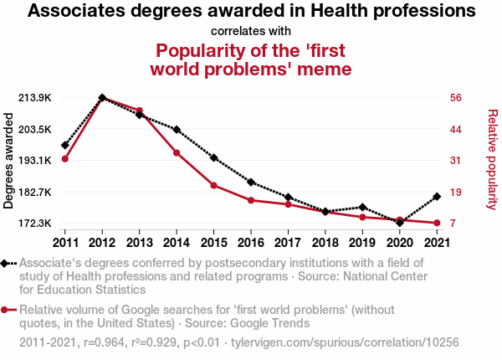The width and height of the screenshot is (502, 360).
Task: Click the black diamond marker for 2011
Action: (x=64, y=145)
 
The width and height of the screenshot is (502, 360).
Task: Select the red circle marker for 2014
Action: (x=177, y=152)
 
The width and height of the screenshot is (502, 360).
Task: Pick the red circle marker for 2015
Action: (x=213, y=185)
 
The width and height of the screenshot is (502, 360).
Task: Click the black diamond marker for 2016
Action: (x=251, y=182)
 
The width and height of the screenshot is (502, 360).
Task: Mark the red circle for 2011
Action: (x=64, y=159)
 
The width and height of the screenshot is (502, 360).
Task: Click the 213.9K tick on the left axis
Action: (x=35, y=98)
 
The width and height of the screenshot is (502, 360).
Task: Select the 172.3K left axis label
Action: (x=35, y=224)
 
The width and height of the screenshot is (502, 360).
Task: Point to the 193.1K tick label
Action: (x=35, y=161)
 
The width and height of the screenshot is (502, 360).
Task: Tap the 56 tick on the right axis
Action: (x=457, y=98)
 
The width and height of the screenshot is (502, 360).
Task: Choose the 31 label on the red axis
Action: (x=457, y=161)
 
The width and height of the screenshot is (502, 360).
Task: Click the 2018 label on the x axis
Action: (x=325, y=243)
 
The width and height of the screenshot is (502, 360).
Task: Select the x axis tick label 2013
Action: (x=139, y=243)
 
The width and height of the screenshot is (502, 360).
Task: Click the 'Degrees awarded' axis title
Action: (x=9, y=161)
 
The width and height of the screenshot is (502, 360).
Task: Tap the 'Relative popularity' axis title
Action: (x=492, y=159)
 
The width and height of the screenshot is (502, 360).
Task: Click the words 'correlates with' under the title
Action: (x=251, y=32)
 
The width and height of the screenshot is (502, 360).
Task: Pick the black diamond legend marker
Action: (x=5, y=263)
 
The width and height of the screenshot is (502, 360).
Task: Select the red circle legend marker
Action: (x=5, y=310)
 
